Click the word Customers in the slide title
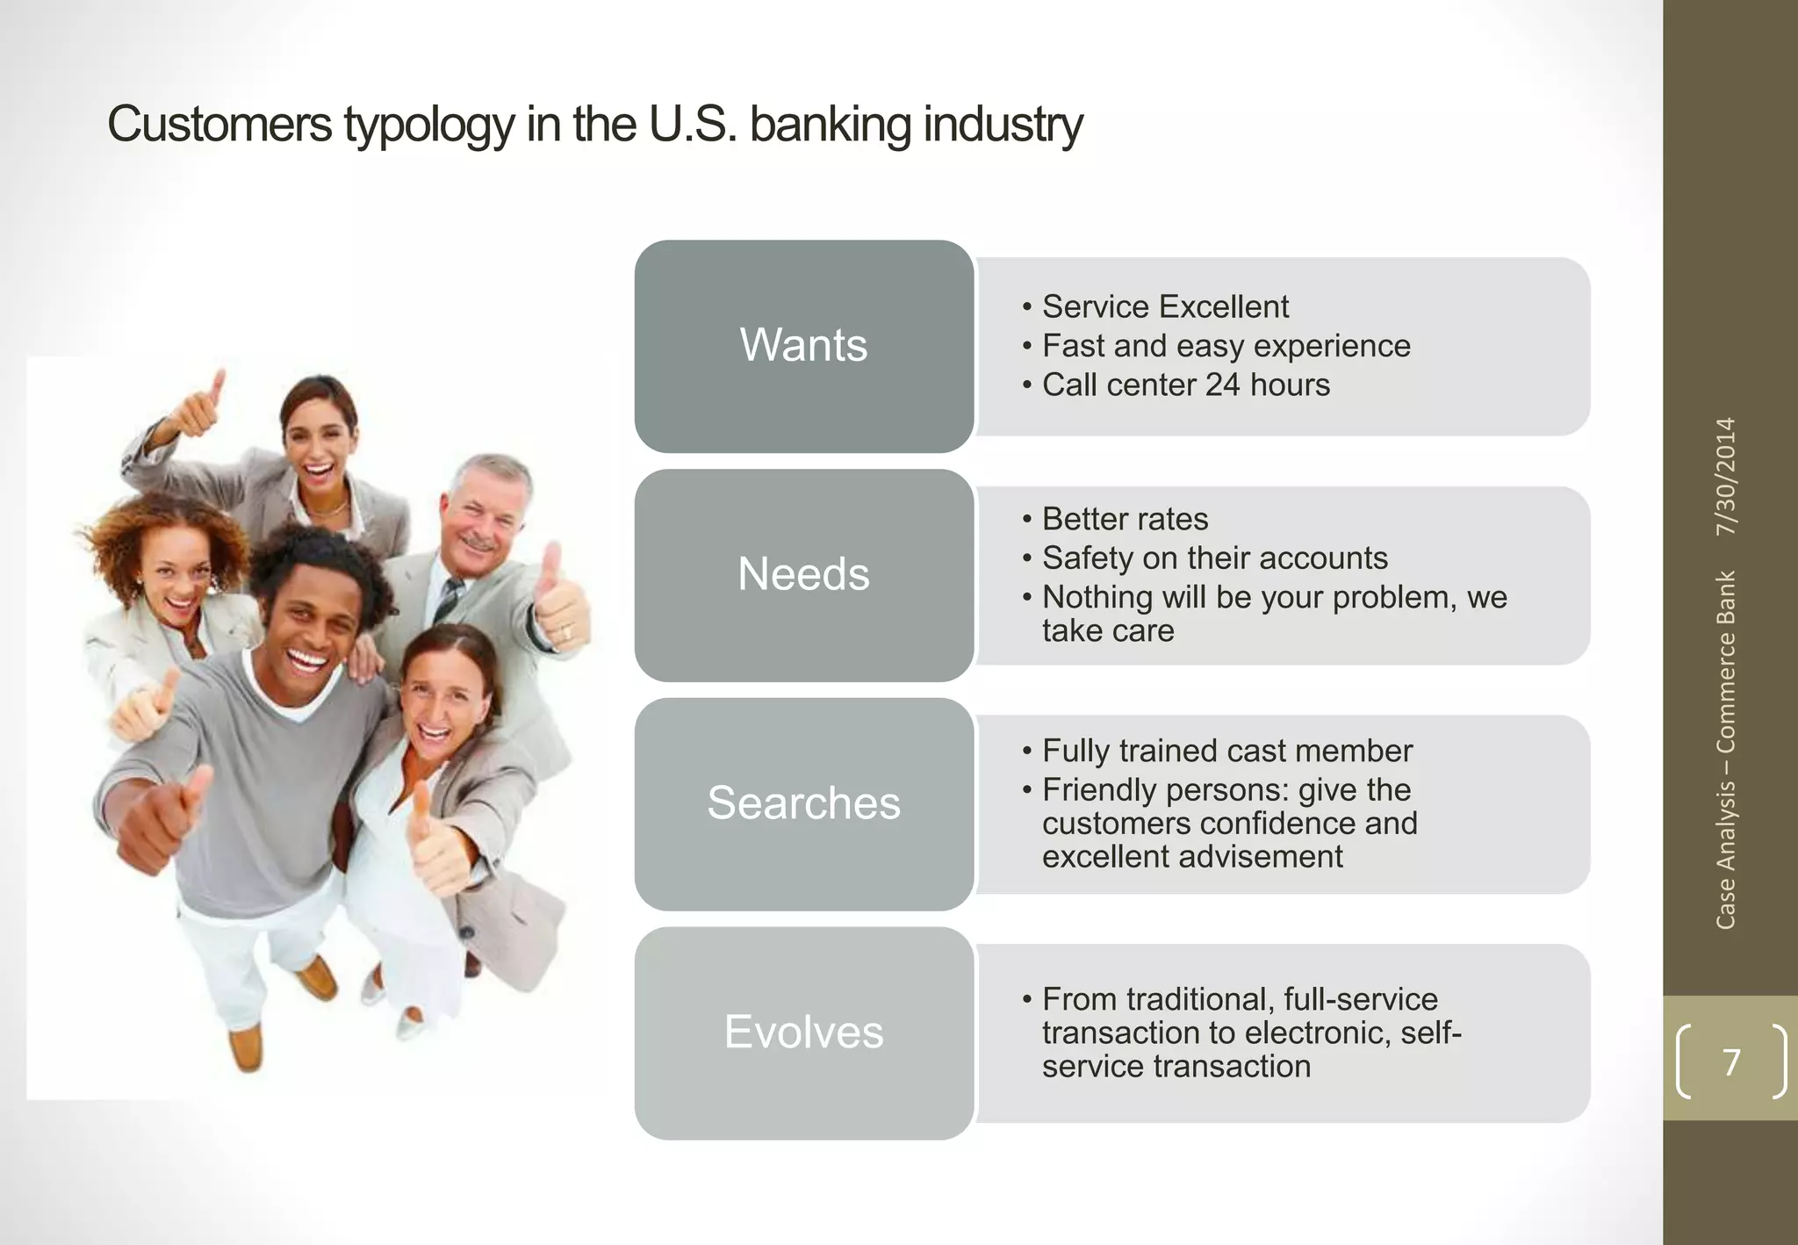(219, 124)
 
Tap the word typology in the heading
(428, 126)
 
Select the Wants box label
(803, 344)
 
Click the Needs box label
(803, 573)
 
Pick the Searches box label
(803, 802)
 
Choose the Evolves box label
(803, 1032)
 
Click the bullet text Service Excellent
(1165, 306)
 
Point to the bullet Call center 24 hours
(1185, 385)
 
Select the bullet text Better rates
(1125, 519)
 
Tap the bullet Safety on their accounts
(1214, 558)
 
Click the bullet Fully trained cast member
(1226, 751)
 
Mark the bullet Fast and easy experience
(1226, 346)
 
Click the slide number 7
(1730, 1062)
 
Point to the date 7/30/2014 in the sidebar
(1726, 476)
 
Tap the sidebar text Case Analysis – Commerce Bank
(1726, 750)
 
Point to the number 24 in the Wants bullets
(1222, 385)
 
